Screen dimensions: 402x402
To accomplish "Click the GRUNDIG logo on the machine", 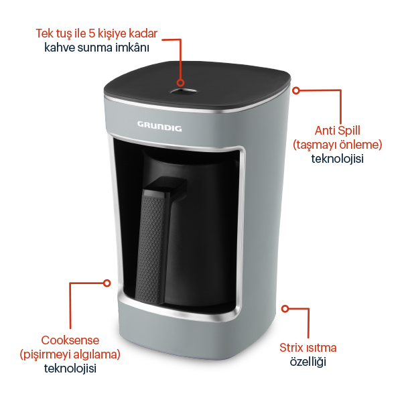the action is coord(159,127).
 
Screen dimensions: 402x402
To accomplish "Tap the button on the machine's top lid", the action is coord(184,91).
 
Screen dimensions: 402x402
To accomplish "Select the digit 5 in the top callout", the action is coord(92,33).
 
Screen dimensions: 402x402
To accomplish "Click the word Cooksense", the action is coord(70,340).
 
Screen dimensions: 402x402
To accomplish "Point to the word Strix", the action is coord(291,348).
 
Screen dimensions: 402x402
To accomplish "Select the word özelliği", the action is coord(308,362).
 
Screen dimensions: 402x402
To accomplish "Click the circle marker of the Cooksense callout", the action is coord(107,283).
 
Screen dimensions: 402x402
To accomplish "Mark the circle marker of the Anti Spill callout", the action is coord(296,90).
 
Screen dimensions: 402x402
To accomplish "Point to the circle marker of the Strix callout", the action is coord(285,309).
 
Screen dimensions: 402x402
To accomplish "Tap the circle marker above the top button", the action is coord(180,83).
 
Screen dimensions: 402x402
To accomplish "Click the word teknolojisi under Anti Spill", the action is coord(338,158).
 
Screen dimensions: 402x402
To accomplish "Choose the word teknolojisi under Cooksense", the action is coord(70,368).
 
